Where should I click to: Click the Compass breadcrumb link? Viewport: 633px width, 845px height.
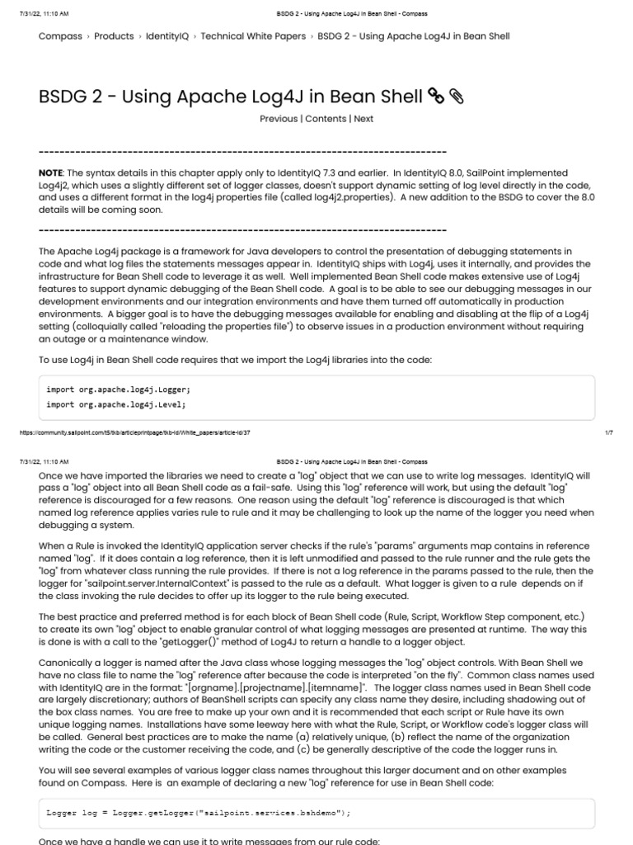(x=60, y=36)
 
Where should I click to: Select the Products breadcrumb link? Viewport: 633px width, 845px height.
(x=114, y=36)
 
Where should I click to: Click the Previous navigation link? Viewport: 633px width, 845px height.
(x=279, y=119)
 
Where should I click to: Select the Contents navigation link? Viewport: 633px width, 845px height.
(x=326, y=119)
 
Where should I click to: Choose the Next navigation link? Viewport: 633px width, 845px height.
(x=363, y=119)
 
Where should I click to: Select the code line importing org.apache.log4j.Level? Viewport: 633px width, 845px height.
(x=116, y=404)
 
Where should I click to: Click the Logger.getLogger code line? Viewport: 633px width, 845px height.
(x=198, y=813)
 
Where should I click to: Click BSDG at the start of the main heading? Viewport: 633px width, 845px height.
(x=63, y=97)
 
